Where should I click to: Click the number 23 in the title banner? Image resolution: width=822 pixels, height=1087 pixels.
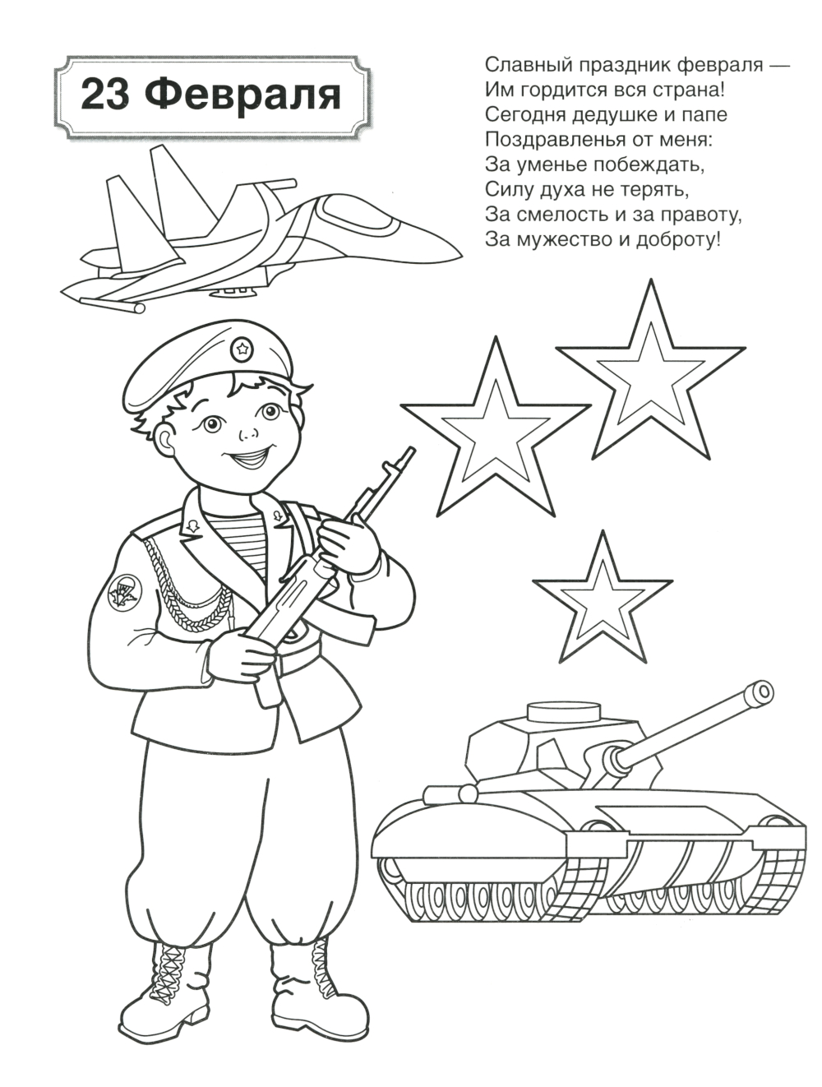click(106, 95)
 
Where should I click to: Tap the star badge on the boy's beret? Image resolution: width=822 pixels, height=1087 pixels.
click(242, 349)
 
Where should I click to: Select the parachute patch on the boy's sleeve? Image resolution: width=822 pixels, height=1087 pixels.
click(125, 592)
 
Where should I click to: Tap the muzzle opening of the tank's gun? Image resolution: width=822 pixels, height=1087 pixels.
click(760, 690)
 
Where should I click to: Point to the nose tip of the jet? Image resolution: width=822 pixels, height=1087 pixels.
click(461, 256)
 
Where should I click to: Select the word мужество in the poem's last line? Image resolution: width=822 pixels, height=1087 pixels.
click(576, 240)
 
